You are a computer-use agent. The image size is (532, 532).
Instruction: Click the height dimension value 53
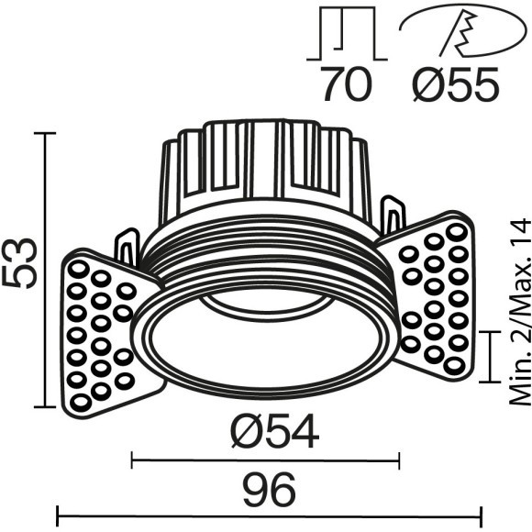(x=21, y=263)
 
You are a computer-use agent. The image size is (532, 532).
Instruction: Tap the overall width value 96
(x=271, y=487)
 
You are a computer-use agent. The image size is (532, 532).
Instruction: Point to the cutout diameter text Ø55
(x=456, y=85)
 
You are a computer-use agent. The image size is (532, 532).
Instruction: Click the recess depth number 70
(x=347, y=85)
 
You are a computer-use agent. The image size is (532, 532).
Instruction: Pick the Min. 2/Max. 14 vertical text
(x=520, y=312)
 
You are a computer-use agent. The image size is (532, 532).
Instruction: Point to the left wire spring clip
(x=127, y=248)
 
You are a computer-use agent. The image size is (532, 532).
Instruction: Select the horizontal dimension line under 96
(x=270, y=515)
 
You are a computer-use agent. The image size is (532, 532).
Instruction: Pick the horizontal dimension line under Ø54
(x=266, y=458)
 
